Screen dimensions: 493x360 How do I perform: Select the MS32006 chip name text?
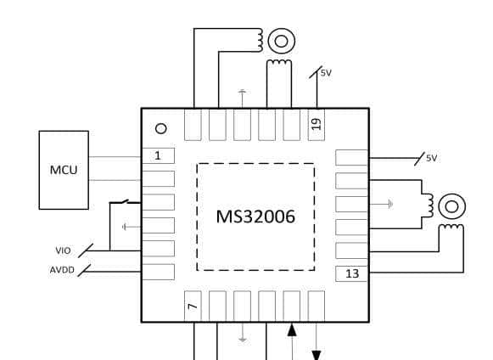[255, 217]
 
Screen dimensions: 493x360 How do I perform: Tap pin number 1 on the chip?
[158, 155]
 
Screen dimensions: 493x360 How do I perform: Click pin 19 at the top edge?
[317, 124]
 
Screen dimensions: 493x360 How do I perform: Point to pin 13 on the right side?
[351, 273]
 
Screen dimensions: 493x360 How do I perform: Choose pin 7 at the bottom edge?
[193, 307]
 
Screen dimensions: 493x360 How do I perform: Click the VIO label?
[63, 250]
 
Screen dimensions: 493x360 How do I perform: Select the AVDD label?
[62, 270]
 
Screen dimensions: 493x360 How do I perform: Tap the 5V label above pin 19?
[326, 73]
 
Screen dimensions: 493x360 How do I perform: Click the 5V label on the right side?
[432, 158]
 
